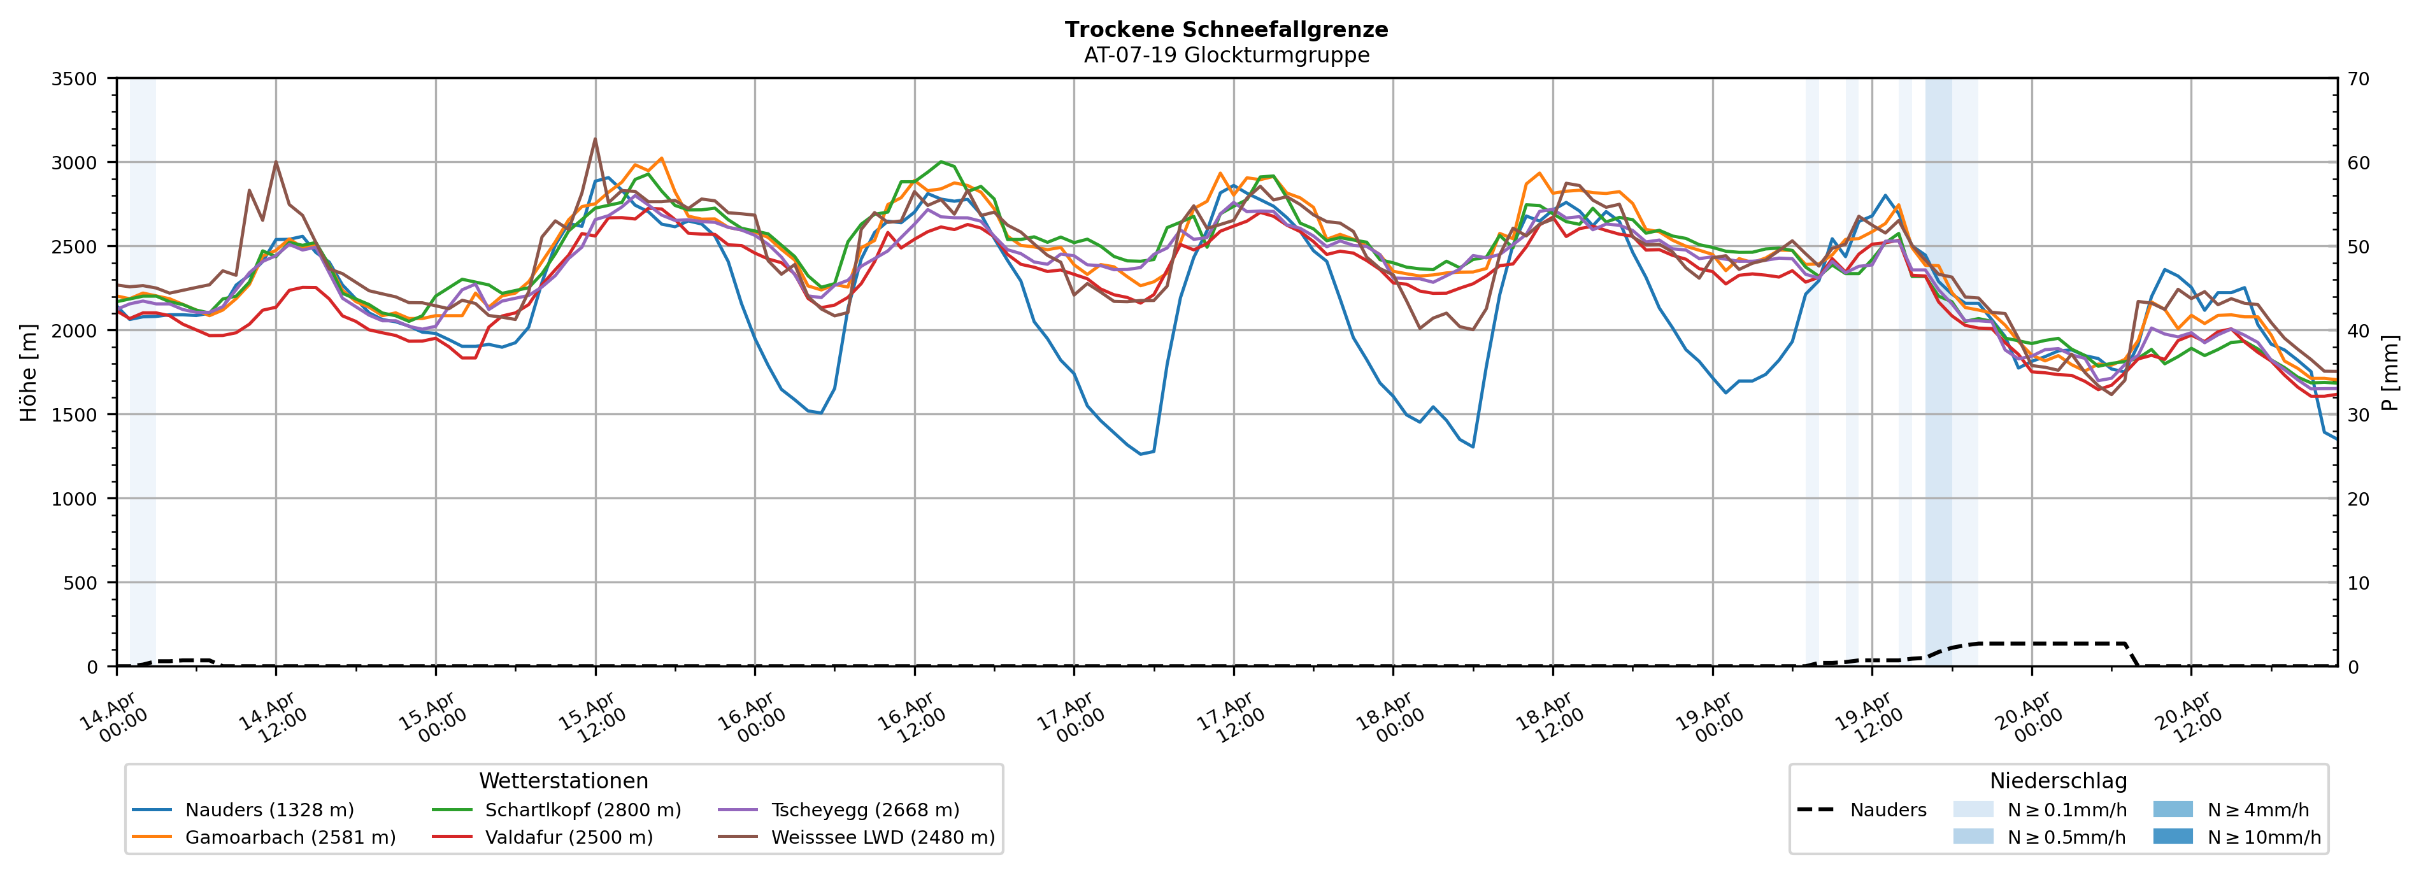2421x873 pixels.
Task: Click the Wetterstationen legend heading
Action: pos(563,781)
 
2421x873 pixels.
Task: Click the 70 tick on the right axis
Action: pos(2358,79)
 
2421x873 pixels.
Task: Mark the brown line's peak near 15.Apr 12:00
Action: pos(595,139)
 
